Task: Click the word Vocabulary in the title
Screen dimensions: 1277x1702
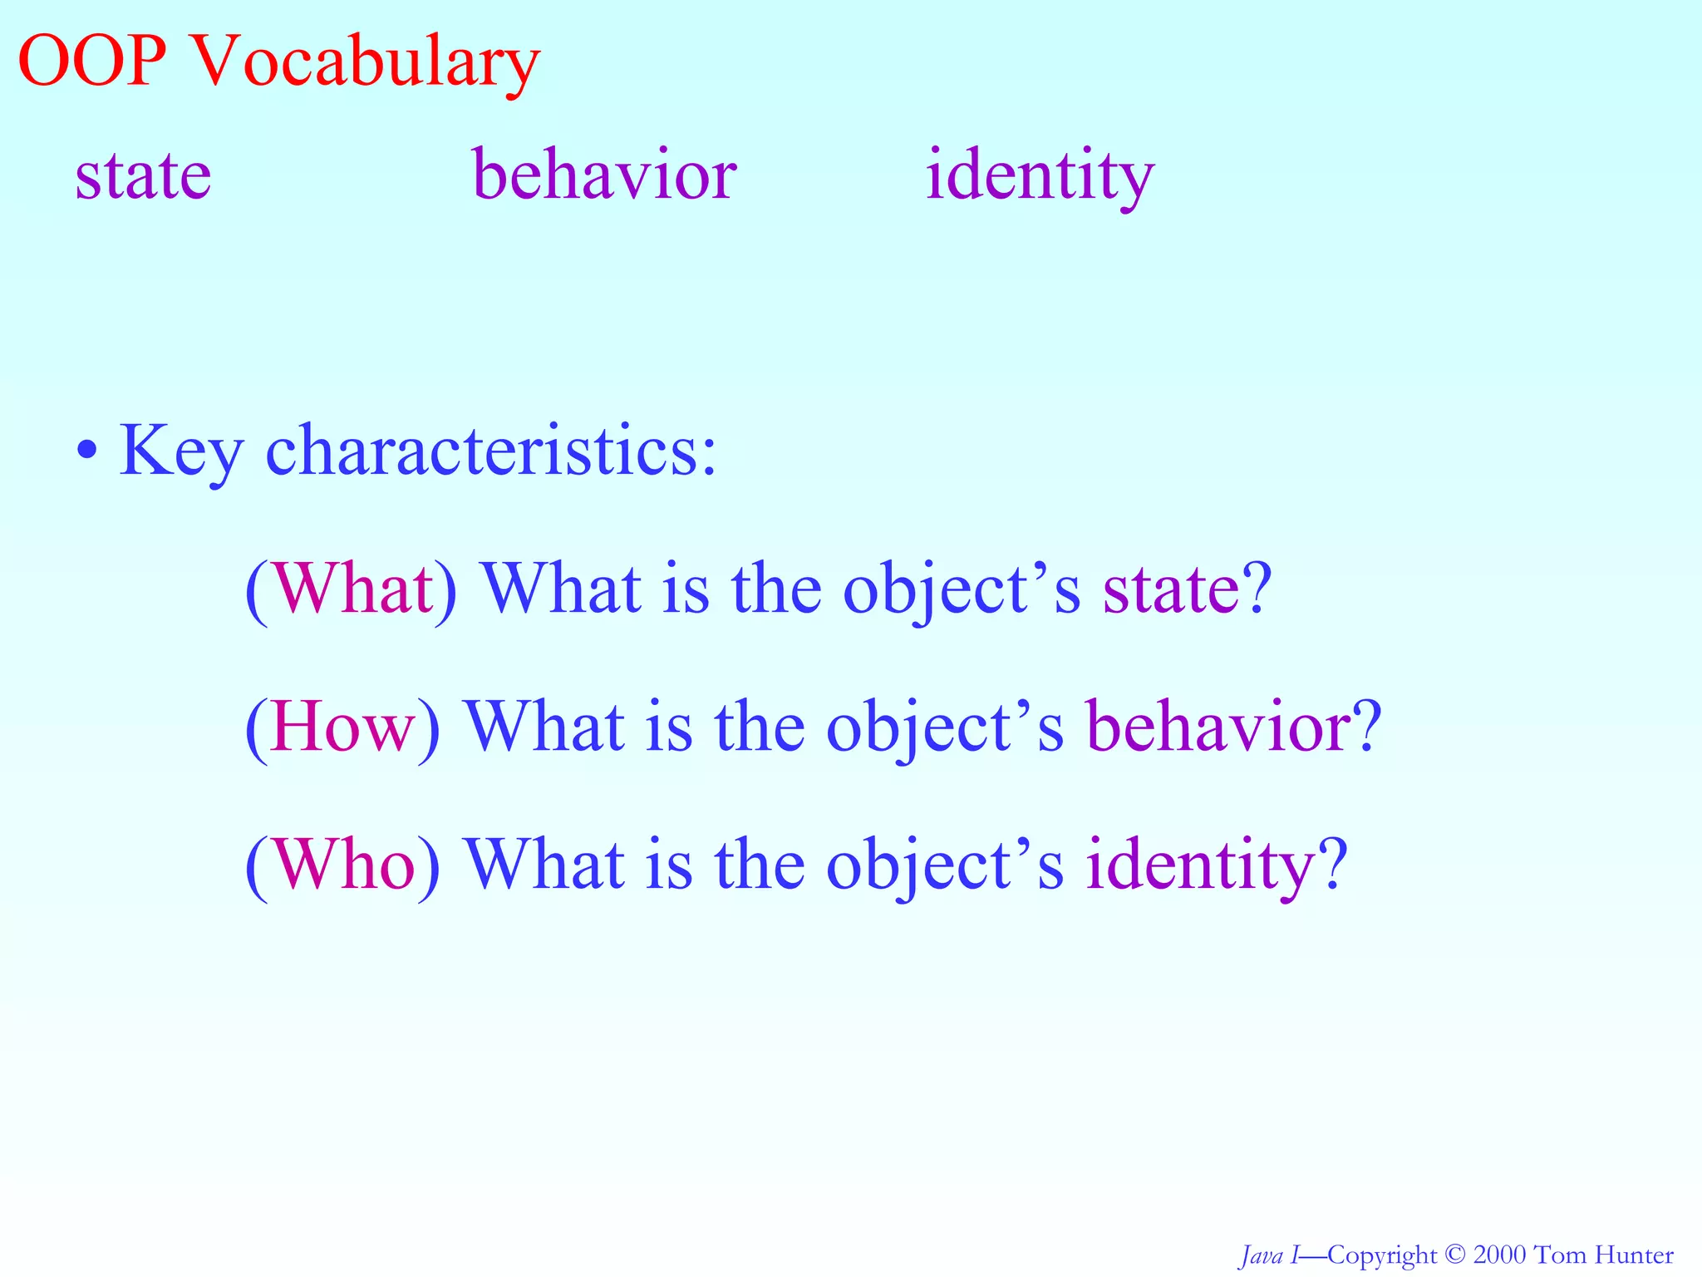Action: coord(366,65)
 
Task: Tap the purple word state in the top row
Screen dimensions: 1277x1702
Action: coord(143,176)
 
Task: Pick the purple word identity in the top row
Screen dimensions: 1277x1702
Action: coord(1040,176)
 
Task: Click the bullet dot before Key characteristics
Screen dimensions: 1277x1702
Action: coord(86,452)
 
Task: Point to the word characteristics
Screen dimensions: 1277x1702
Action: coord(490,451)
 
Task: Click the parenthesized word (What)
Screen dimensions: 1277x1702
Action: coord(351,589)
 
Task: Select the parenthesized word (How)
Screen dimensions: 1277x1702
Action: coord(342,727)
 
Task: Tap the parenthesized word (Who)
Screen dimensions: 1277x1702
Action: coord(342,865)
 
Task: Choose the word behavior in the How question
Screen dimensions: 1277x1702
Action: coord(1218,725)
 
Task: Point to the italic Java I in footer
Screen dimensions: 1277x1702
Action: coord(1267,1255)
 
